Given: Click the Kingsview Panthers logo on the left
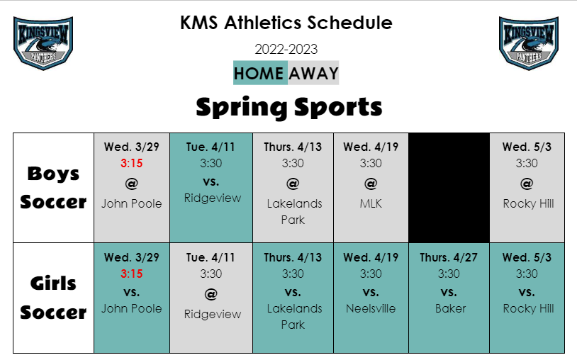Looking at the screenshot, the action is pyautogui.click(x=43, y=43).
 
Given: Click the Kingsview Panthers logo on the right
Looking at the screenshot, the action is pyautogui.click(x=529, y=43).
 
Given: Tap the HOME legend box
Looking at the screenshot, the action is pyautogui.click(x=260, y=73).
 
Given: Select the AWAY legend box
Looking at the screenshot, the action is pyautogui.click(x=313, y=73).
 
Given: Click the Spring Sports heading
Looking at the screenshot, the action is pyautogui.click(x=289, y=108).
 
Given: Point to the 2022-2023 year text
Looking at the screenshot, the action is pyautogui.click(x=286, y=50).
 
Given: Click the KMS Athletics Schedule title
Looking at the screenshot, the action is pyautogui.click(x=286, y=23).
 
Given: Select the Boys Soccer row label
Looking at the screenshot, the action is pyautogui.click(x=53, y=188).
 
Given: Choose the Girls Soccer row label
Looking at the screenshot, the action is pyautogui.click(x=53, y=298).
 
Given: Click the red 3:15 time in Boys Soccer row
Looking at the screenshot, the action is pyautogui.click(x=131, y=163).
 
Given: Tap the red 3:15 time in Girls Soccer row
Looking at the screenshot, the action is pyautogui.click(x=131, y=274).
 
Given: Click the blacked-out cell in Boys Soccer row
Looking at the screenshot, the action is pyautogui.click(x=449, y=188).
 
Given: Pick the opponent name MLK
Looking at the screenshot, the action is pyautogui.click(x=371, y=203).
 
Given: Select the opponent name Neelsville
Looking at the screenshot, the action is pyautogui.click(x=371, y=308).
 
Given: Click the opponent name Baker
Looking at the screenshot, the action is pyautogui.click(x=450, y=308).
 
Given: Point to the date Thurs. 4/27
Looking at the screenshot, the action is pyautogui.click(x=449, y=257).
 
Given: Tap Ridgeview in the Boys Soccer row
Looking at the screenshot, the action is pyautogui.click(x=213, y=198).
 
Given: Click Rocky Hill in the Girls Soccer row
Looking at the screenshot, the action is pyautogui.click(x=528, y=308).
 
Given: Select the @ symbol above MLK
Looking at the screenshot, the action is pyautogui.click(x=371, y=184).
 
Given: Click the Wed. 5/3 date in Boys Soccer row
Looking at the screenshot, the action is pyautogui.click(x=527, y=147).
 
